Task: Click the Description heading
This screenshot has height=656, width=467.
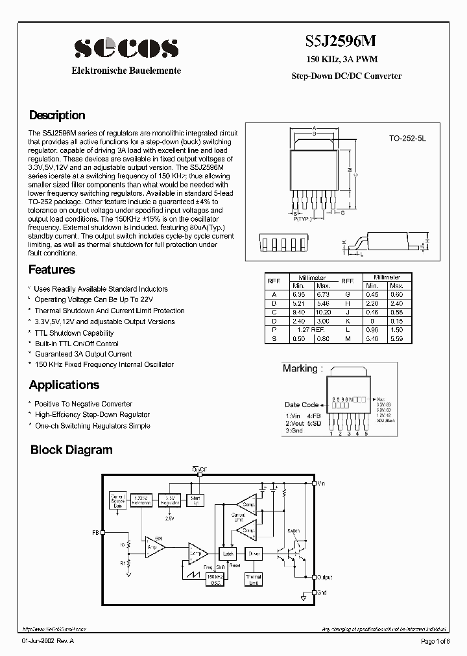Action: [x=57, y=115]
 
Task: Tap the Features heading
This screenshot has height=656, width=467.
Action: [x=52, y=270]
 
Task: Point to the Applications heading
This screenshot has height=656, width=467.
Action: [x=64, y=385]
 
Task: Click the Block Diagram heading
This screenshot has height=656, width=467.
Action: [x=71, y=450]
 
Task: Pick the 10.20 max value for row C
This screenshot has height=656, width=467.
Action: [x=323, y=310]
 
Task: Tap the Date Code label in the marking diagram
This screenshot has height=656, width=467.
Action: [x=302, y=404]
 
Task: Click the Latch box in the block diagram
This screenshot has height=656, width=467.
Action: [x=228, y=554]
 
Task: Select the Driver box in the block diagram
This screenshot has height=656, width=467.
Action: [x=253, y=554]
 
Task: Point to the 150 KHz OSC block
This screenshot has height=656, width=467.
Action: [x=215, y=579]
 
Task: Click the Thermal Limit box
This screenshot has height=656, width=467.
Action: [x=253, y=579]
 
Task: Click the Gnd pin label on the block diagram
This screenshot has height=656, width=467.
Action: [x=322, y=592]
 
